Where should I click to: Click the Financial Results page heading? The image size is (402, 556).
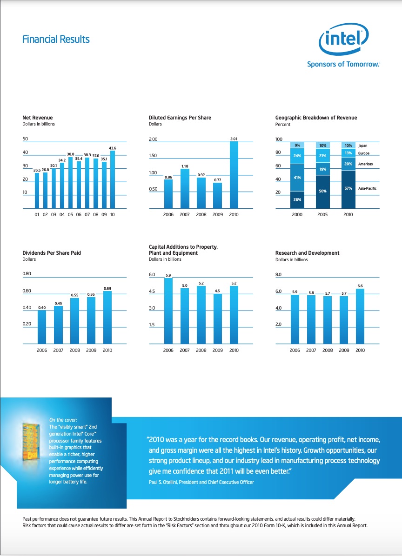[x=56, y=40]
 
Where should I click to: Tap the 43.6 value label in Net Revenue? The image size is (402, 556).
[x=112, y=148]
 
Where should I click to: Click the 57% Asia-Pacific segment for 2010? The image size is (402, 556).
[x=348, y=188]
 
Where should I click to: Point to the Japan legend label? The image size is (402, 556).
[x=362, y=146]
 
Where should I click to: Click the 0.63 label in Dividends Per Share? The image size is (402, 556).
[x=107, y=288]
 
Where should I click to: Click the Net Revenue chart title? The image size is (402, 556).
[x=38, y=118]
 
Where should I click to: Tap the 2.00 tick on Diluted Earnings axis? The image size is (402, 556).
[x=153, y=139]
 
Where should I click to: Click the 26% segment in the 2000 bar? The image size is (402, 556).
[x=297, y=199]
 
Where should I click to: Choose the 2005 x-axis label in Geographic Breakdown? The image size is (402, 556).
[x=322, y=215]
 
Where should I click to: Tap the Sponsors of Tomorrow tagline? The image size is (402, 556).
[x=343, y=64]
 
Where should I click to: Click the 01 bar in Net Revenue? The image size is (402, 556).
[x=37, y=191]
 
